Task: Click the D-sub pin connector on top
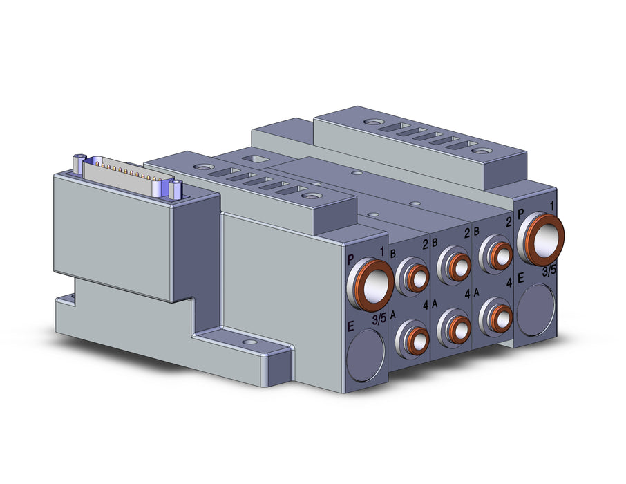click(127, 175)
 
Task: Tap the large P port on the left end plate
click(371, 283)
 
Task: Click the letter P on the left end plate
click(351, 260)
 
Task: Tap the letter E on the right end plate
click(520, 278)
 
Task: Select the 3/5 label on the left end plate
click(379, 319)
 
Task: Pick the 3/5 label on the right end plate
click(549, 271)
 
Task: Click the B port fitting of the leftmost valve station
click(412, 275)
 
